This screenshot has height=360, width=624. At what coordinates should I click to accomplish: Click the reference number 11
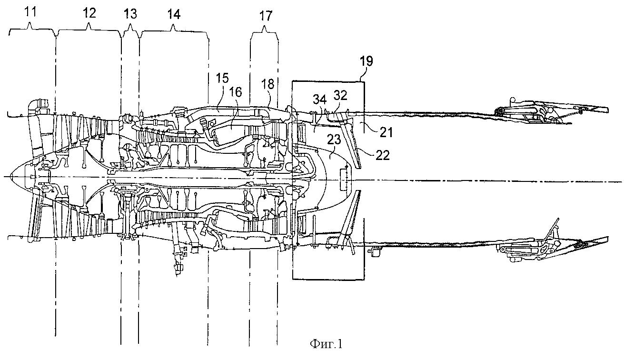30,12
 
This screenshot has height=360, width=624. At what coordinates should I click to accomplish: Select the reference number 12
89,13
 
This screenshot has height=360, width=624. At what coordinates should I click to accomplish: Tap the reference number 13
130,13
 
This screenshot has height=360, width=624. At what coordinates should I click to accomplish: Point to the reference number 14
174,14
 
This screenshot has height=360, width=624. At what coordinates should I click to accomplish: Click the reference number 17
265,16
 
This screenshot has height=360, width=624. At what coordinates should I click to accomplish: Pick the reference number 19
366,61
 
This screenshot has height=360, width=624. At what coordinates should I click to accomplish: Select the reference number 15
222,78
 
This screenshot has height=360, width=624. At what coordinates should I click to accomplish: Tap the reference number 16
236,92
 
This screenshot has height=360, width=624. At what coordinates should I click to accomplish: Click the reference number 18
268,84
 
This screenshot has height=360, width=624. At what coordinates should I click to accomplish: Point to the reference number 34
320,100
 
